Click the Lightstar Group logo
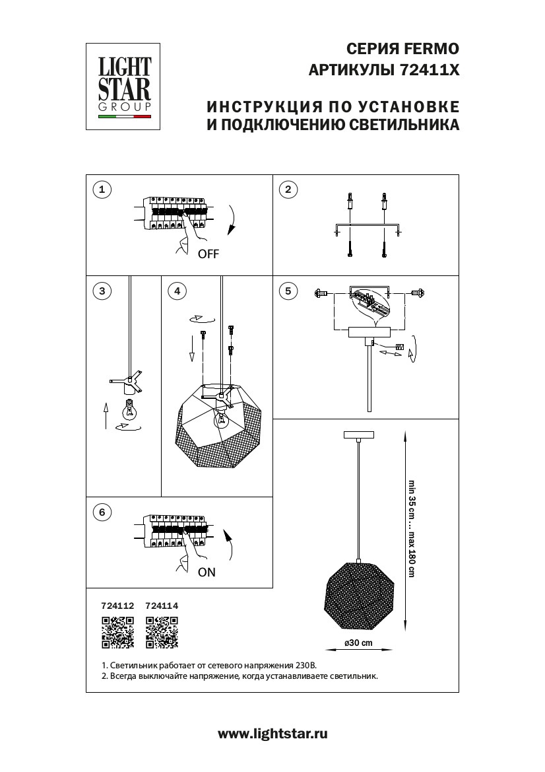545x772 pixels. pos(125,87)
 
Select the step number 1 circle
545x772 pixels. pos(101,190)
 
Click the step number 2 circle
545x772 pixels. pos(288,190)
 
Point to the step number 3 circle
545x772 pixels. pos(101,291)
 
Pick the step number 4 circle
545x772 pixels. pos(176,291)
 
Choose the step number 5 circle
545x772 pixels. pos(288,291)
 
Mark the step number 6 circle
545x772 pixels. pos(101,512)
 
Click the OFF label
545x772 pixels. pos(208,254)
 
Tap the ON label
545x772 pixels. pos(207,573)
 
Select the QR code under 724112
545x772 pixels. pos(117,631)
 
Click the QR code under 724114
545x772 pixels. pos(162,631)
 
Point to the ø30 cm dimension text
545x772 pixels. pos(358,643)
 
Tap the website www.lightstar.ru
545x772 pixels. pos(272,733)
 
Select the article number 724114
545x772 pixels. pos(162,605)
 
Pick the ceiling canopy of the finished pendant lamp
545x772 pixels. pos(358,435)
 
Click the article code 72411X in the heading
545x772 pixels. pos(430,70)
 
